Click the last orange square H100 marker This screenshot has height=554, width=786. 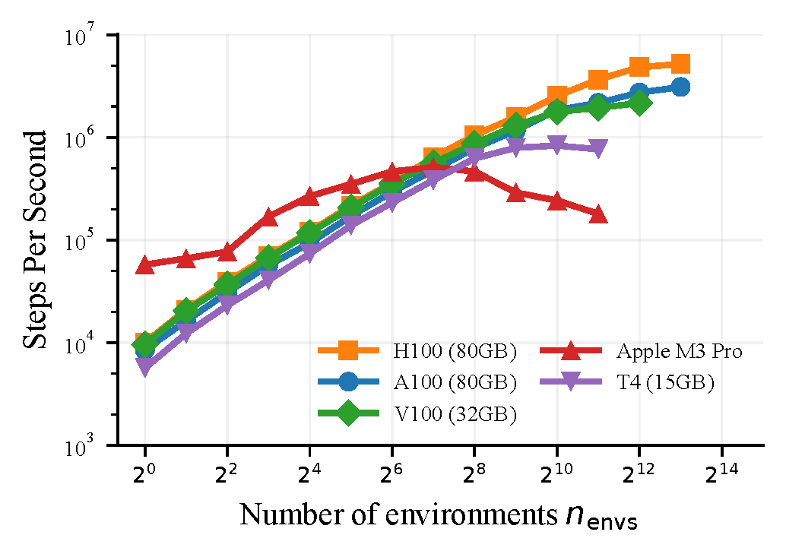click(680, 64)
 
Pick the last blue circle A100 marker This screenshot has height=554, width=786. click(680, 87)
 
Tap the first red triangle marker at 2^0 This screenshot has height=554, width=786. click(144, 264)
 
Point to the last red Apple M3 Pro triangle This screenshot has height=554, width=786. click(598, 214)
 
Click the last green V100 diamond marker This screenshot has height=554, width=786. click(639, 103)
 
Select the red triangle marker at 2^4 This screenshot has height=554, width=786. click(309, 197)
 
